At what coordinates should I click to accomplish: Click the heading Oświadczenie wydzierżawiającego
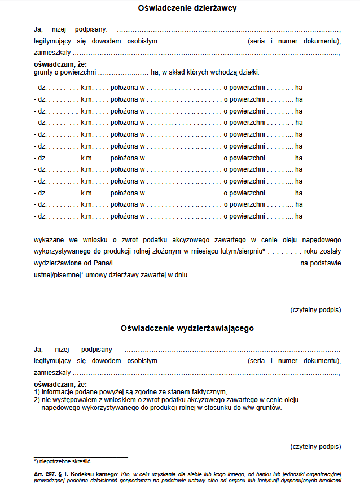[x=187, y=328]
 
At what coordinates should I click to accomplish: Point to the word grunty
[x=43, y=72]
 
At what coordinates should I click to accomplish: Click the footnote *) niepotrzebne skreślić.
[x=63, y=461]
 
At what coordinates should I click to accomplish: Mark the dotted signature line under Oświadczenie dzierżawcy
[x=290, y=303]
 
